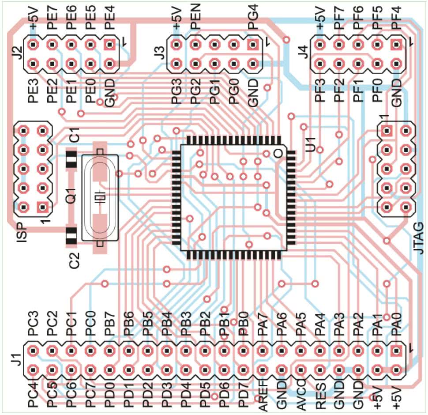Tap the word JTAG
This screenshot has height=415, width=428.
click(x=419, y=239)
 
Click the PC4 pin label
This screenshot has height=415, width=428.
click(x=33, y=398)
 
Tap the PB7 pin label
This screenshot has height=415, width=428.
click(x=110, y=327)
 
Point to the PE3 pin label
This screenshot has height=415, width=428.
click(x=33, y=91)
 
